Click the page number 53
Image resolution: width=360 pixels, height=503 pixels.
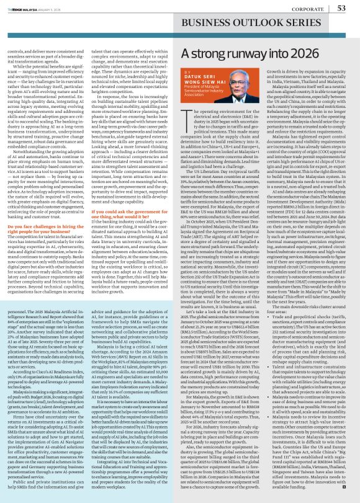(x=341, y=7)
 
